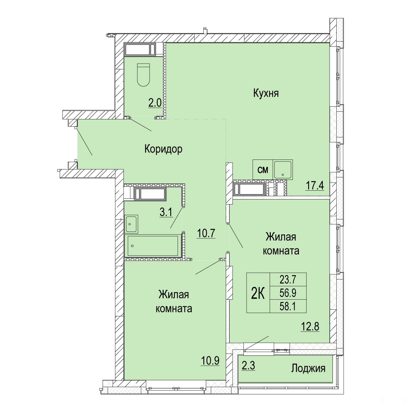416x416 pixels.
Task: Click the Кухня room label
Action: (266, 93)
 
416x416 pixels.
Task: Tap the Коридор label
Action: (163, 149)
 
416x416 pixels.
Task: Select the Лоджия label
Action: (308, 368)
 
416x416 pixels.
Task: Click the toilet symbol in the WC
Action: (144, 75)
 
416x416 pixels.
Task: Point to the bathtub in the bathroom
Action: (153, 246)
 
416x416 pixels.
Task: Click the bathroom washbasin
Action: (131, 224)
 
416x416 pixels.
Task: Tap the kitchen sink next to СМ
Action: (283, 169)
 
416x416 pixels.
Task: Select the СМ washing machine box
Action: (263, 169)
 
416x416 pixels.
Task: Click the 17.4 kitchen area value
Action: (315, 185)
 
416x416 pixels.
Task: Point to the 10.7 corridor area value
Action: (206, 233)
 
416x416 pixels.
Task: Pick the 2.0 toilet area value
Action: (155, 103)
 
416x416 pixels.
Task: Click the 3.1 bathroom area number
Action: (166, 212)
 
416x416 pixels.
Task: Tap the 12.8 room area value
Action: (310, 326)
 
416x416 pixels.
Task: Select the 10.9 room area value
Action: (210, 361)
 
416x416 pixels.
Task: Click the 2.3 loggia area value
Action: (248, 366)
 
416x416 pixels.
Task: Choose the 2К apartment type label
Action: (258, 294)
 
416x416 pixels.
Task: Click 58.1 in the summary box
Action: (288, 307)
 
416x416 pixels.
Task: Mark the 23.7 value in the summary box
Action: (288, 279)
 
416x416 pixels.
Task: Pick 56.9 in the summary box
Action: (288, 293)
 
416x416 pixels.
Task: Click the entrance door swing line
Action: (84, 141)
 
